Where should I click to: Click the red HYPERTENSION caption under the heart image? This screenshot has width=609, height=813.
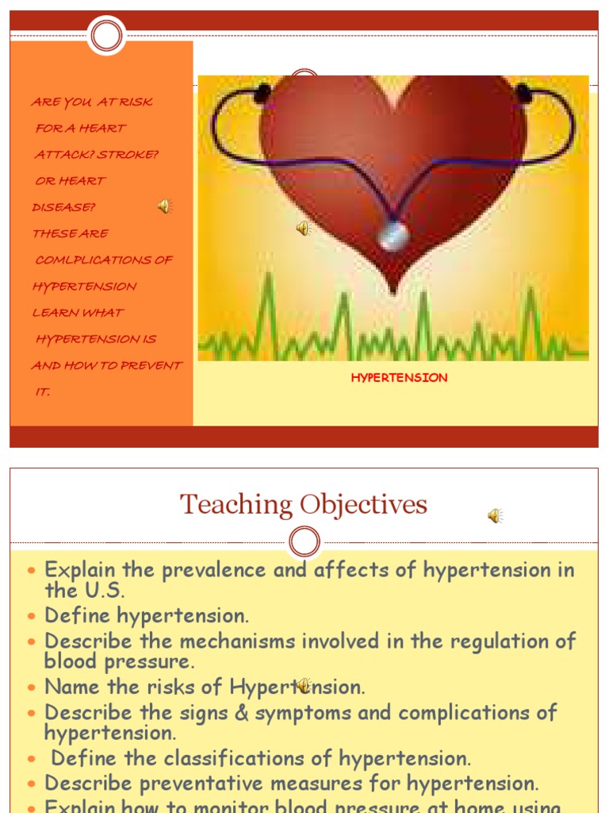(399, 378)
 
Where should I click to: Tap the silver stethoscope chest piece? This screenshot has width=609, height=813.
(393, 236)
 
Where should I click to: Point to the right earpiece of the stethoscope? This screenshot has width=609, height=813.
(523, 94)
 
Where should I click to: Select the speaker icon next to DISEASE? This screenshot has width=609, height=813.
(164, 206)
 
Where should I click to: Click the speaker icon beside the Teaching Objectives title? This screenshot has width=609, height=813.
(495, 516)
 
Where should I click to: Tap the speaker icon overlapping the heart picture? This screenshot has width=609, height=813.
(303, 229)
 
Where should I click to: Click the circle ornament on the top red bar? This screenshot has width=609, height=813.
(106, 36)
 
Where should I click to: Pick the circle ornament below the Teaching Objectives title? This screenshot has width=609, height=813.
(304, 542)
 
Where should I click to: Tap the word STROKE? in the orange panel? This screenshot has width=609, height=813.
(128, 154)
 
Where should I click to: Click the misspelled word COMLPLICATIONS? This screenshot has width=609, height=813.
(104, 260)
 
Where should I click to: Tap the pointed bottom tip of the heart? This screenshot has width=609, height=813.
(393, 291)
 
